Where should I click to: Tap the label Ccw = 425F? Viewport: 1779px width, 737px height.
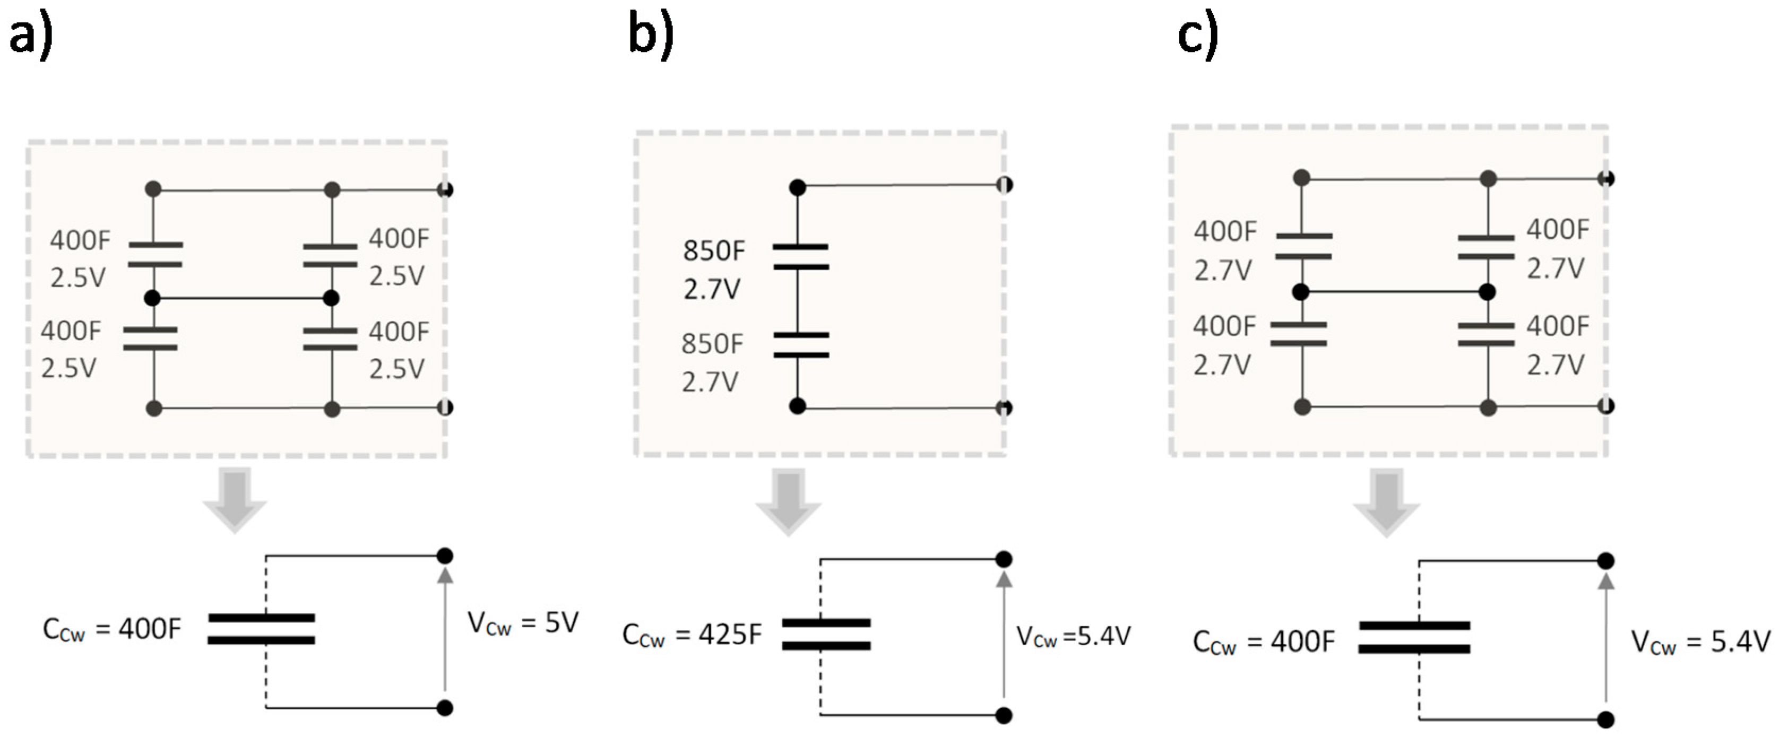pos(692,635)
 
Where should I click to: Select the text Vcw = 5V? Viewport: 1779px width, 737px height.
pos(523,623)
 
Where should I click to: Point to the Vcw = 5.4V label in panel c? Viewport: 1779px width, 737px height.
pos(1700,643)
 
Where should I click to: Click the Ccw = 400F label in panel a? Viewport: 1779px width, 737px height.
pos(112,629)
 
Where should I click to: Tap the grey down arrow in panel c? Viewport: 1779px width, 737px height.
pos(1386,502)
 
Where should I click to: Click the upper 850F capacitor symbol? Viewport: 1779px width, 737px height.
pos(800,256)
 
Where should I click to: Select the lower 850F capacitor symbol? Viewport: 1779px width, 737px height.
pos(800,345)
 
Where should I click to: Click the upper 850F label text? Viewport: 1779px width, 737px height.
pos(714,251)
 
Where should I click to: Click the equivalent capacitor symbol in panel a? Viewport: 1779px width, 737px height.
pos(262,629)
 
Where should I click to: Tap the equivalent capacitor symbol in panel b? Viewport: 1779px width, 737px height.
pos(826,634)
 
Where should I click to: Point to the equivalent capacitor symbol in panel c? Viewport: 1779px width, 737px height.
pos(1414,637)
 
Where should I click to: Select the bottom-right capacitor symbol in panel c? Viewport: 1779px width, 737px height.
pos(1486,334)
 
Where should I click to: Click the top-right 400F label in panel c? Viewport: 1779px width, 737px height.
pos(1557,229)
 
